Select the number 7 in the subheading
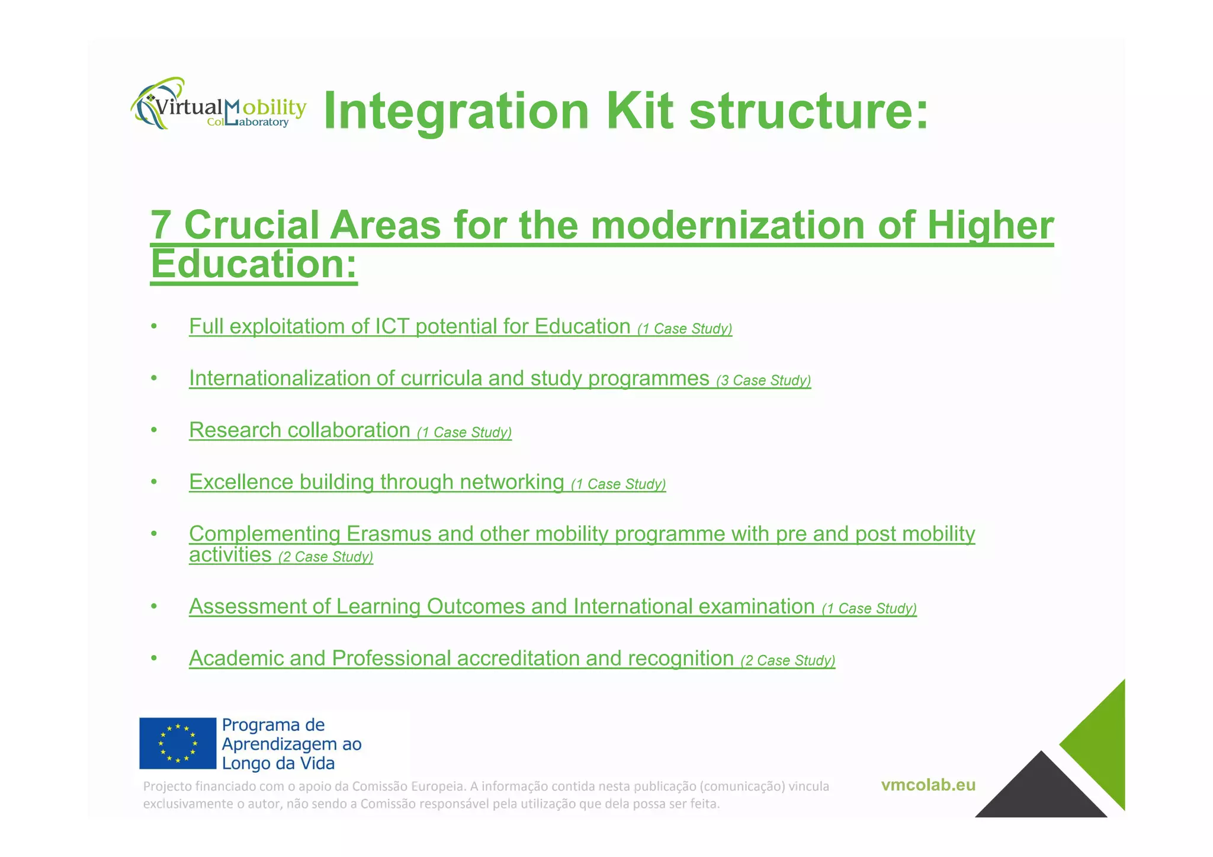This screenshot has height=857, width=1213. pyautogui.click(x=161, y=225)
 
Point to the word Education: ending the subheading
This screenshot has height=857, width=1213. pyautogui.click(x=254, y=264)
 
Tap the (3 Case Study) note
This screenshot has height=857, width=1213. pyautogui.click(x=763, y=380)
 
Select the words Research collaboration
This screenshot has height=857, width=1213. pyautogui.click(x=300, y=430)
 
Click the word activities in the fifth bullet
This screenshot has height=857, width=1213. pyautogui.click(x=230, y=555)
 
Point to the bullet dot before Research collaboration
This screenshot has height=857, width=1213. pyautogui.click(x=154, y=430)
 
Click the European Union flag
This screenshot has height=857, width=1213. pyautogui.click(x=178, y=743)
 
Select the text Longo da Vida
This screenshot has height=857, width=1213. pyautogui.click(x=278, y=763)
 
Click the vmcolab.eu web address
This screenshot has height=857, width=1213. pyautogui.click(x=928, y=785)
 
